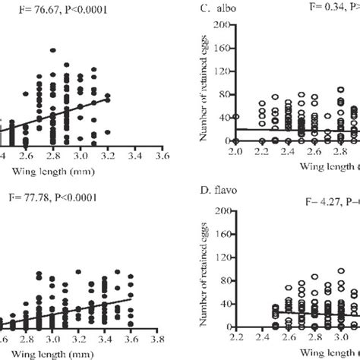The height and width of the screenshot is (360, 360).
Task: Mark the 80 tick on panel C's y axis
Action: pyautogui.click(x=221, y=94)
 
